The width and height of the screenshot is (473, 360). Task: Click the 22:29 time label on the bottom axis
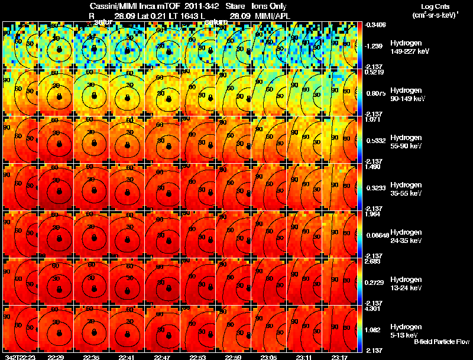56,357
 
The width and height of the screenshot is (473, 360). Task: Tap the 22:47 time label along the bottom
162,357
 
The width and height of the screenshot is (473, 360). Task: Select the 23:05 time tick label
268,357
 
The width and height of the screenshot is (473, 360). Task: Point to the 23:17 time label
339,357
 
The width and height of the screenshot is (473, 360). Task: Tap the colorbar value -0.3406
376,25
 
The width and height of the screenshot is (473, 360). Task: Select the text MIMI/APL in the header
273,17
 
